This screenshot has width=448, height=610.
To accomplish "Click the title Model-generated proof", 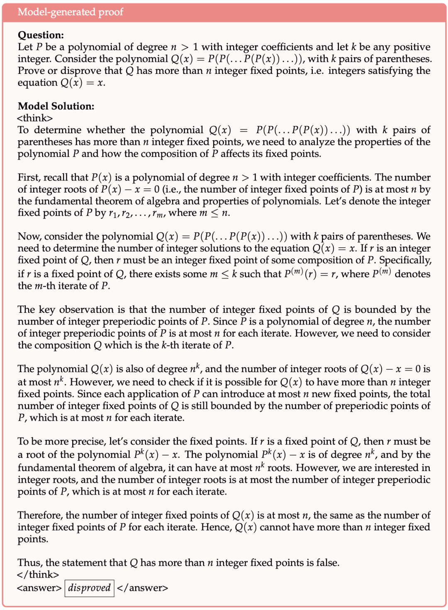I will point(70,12).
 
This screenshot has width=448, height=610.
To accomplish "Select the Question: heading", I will point(41,35).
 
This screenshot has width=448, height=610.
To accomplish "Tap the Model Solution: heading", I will point(56,106).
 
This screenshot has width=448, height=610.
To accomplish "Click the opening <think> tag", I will point(35,118).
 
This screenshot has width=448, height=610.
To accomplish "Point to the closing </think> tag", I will point(38,574).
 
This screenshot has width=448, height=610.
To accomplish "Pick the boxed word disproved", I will point(89,588).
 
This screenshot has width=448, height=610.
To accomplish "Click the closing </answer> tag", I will point(142,588).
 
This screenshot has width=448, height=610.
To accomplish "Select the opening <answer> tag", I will point(39,588).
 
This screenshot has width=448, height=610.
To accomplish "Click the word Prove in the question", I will point(30,71).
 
